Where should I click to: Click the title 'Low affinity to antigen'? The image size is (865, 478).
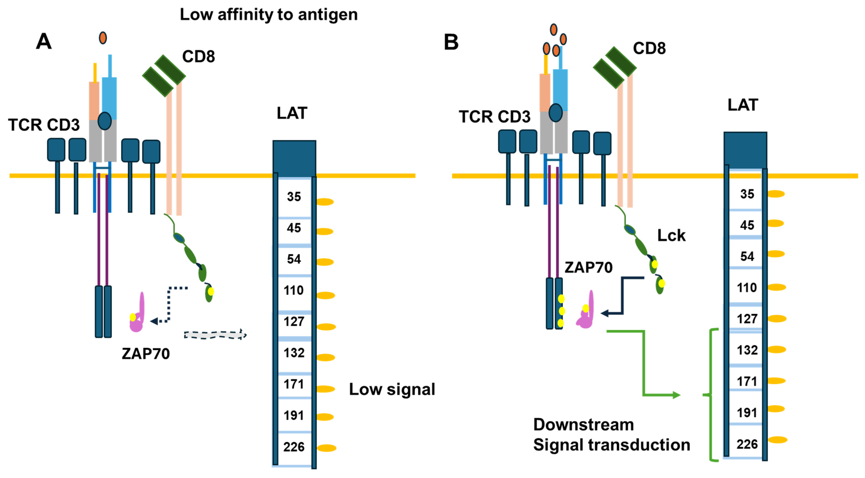[x=269, y=14]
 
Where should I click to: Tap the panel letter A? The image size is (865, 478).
[x=44, y=42]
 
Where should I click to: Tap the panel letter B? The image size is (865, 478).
[x=451, y=42]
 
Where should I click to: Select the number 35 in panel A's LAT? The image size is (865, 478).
[x=294, y=197]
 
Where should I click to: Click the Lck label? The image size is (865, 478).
[x=671, y=236]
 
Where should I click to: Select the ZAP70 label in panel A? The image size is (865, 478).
[x=146, y=354]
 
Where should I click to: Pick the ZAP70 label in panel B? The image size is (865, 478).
[x=588, y=267]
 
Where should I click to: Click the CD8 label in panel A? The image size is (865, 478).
[x=199, y=56]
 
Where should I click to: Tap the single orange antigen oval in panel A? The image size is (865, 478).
[x=103, y=38]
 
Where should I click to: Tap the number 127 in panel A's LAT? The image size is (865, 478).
[x=294, y=321]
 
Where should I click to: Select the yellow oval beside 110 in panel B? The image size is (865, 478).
[x=777, y=287]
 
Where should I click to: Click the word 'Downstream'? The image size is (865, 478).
[x=584, y=425]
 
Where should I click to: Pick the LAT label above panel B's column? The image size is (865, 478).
[x=743, y=105]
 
